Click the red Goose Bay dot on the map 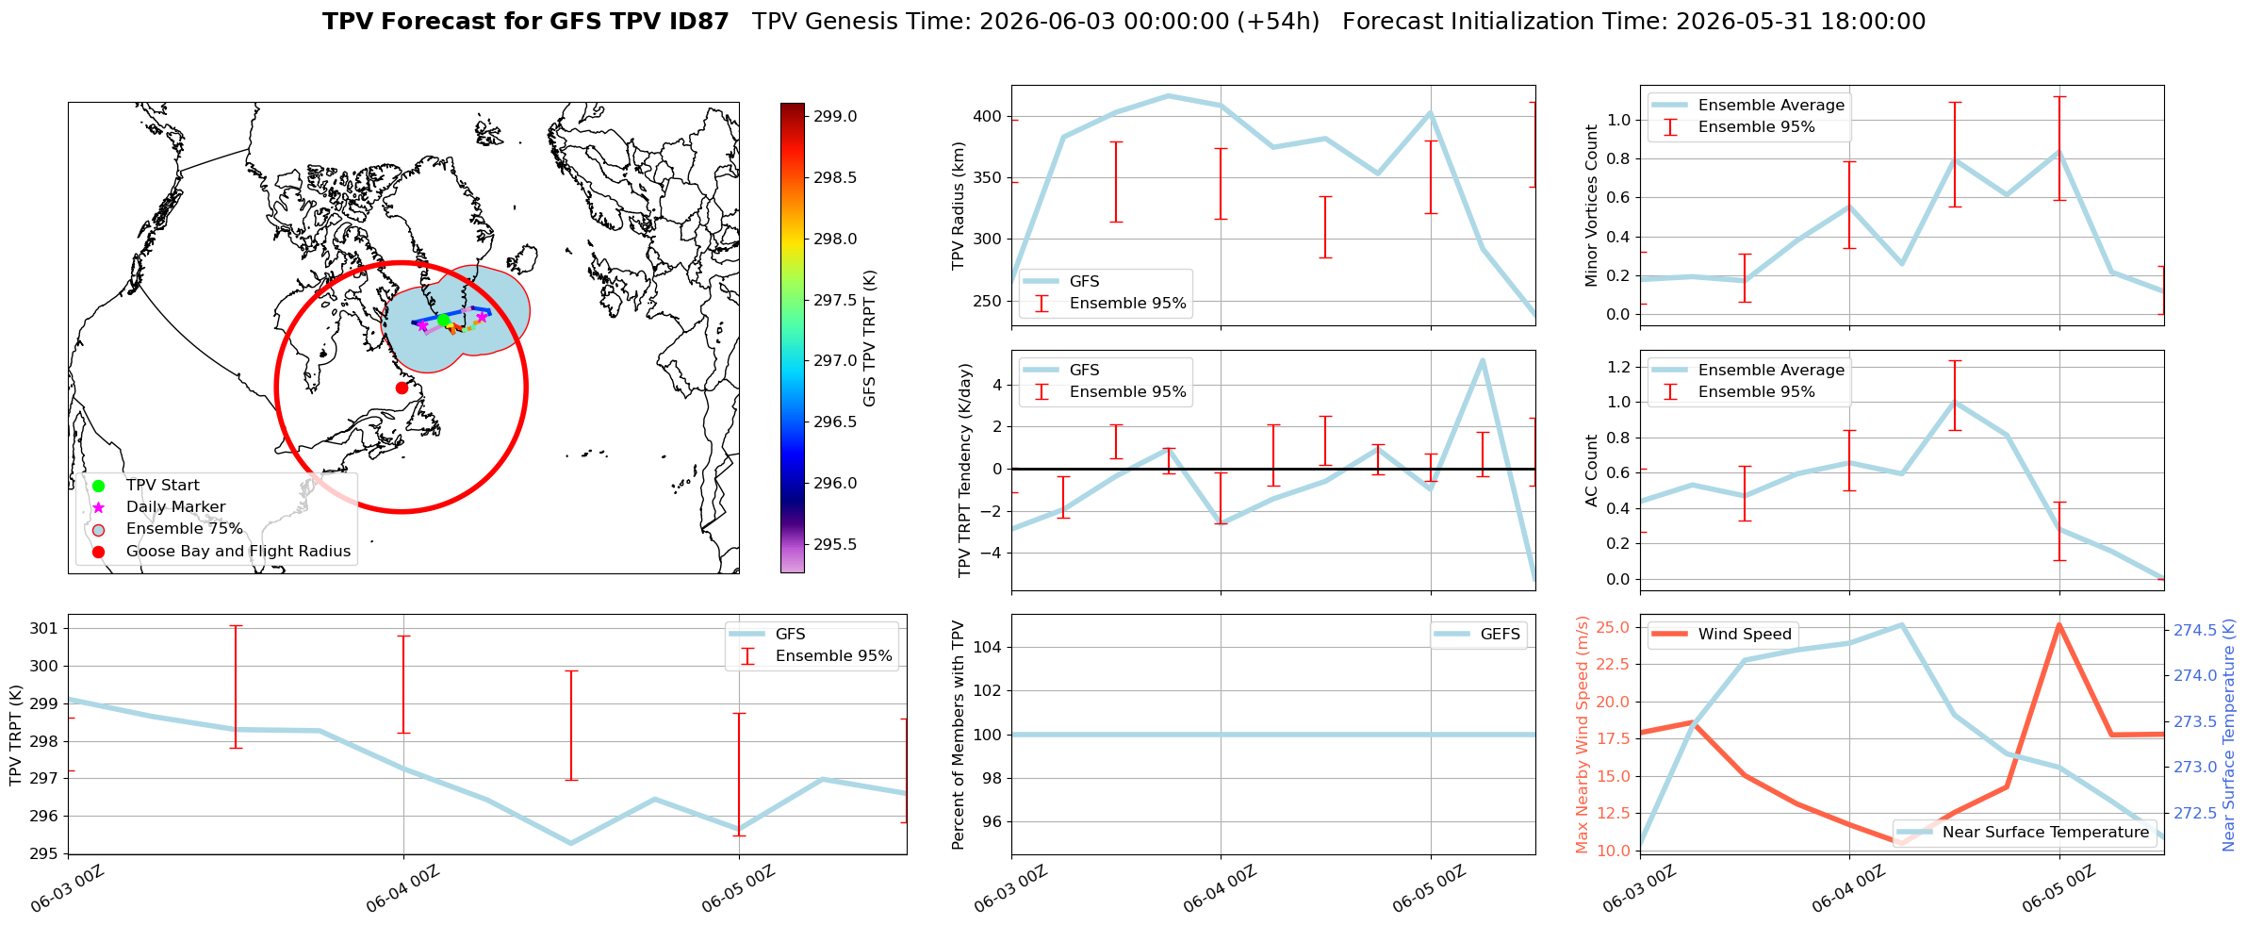pos(402,388)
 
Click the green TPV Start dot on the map pos(444,320)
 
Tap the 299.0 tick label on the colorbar pos(835,116)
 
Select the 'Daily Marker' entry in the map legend pos(175,507)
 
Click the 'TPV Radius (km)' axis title pos(959,206)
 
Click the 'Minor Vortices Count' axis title pos(1592,206)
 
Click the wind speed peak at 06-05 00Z pos(2059,624)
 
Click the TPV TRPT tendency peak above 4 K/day pos(1483,360)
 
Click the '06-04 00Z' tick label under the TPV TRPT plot pos(404,888)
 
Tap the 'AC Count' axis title pos(1592,471)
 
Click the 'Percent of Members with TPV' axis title pos(959,735)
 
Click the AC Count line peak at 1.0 pos(1955,403)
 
